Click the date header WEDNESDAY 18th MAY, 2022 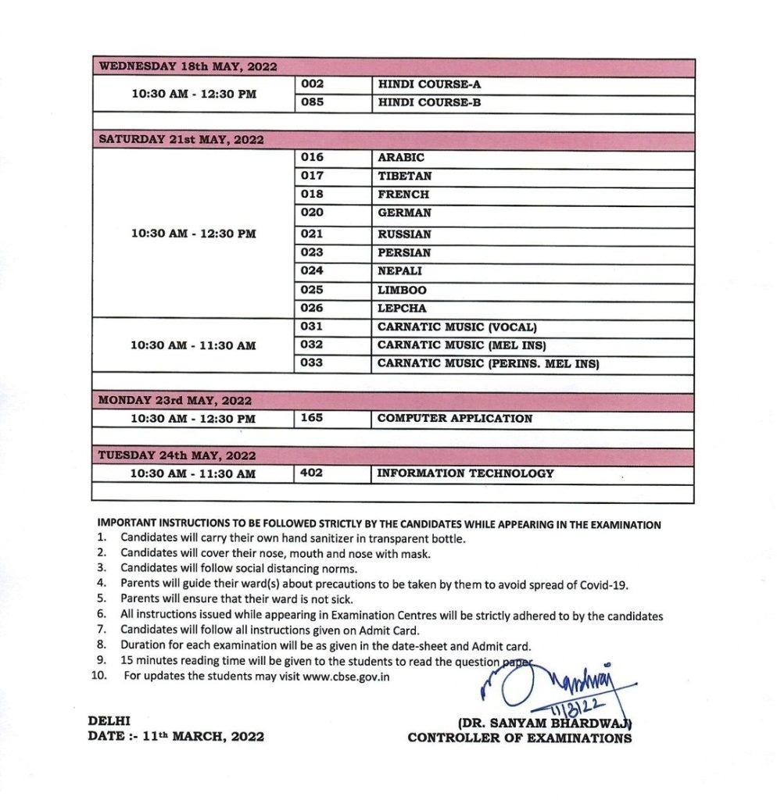187,67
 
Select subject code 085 312,102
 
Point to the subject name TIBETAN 404,176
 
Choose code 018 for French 312,194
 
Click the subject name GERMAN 404,212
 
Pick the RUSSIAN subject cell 404,234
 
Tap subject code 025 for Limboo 312,290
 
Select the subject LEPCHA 402,309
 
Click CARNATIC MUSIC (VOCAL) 457,327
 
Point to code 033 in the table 312,363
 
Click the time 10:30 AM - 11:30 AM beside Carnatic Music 193,345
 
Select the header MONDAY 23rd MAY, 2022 174,401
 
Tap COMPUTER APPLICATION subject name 455,419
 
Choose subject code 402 312,473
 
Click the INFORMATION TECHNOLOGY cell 466,473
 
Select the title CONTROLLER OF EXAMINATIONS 520,737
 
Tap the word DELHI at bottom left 109,720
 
